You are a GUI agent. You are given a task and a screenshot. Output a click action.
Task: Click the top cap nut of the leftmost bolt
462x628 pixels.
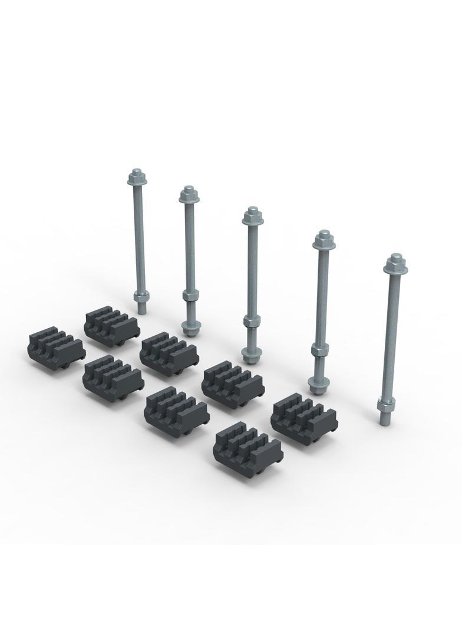pyautogui.click(x=136, y=176)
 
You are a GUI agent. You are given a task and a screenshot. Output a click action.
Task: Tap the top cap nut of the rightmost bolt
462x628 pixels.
pyautogui.click(x=395, y=263)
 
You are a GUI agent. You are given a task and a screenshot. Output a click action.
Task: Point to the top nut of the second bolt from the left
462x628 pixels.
pyautogui.click(x=187, y=195)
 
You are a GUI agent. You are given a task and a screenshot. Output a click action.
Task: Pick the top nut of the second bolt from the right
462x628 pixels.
pyautogui.click(x=322, y=239)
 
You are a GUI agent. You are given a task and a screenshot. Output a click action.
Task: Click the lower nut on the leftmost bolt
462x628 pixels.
pyautogui.click(x=140, y=296)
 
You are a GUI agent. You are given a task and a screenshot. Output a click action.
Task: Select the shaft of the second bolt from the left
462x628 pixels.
pyautogui.click(x=189, y=247)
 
